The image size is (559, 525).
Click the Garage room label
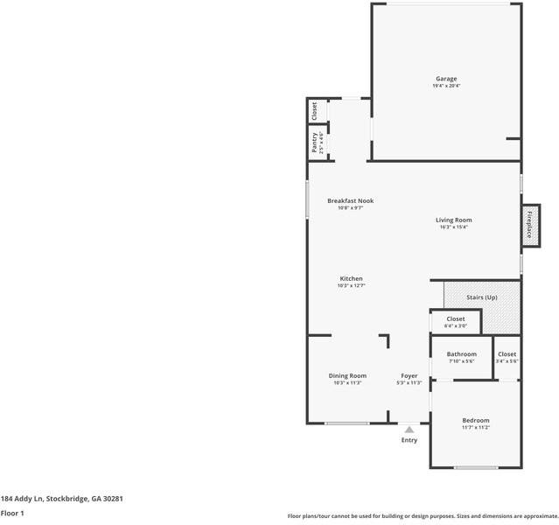coord(446,79)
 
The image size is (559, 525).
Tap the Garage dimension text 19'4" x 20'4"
coord(446,86)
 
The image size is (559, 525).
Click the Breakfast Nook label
coord(350,200)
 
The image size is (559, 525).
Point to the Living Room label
coord(454,220)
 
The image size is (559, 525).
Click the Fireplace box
coord(529,222)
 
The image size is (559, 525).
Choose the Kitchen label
coord(350,278)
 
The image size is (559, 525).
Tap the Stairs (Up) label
coord(481,297)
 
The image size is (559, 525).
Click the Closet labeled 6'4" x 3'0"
coord(456,319)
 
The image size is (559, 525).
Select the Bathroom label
coord(461,354)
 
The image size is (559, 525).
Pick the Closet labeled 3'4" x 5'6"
coord(507,354)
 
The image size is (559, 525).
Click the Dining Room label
coord(347,375)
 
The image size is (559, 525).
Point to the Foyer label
coord(409,375)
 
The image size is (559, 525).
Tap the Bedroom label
coord(475,420)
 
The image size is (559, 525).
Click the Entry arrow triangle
coord(409,429)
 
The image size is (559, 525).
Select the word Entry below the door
coord(409,440)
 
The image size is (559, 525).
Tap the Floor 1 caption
coord(12,514)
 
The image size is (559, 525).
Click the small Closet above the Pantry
coord(315,111)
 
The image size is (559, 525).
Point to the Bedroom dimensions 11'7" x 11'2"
coord(475,427)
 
